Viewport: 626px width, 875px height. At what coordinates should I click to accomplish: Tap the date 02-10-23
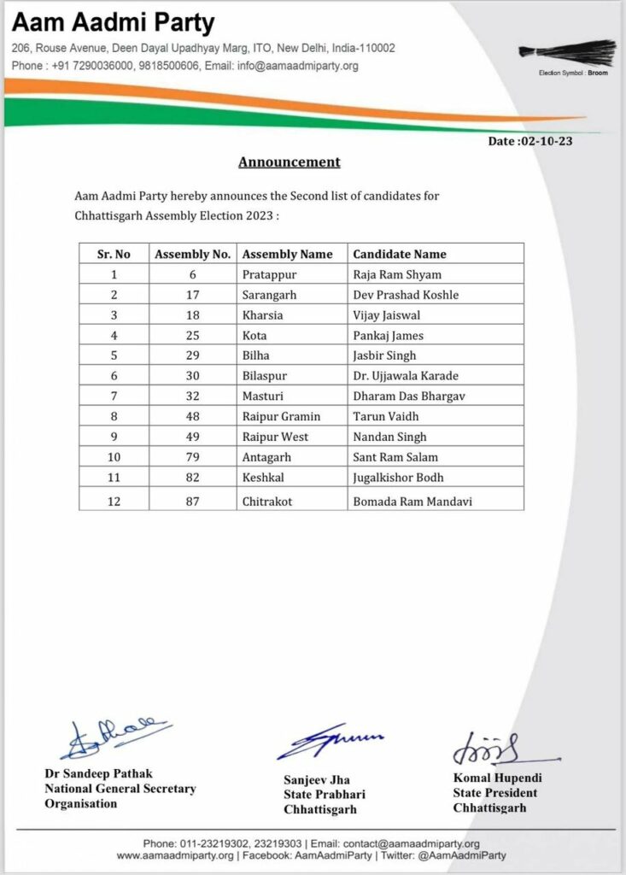pyautogui.click(x=529, y=141)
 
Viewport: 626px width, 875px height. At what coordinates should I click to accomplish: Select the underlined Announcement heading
pyautogui.click(x=289, y=161)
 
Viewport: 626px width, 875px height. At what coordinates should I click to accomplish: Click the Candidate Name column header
pyautogui.click(x=400, y=254)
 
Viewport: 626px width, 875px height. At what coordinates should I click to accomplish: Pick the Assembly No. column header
pyautogui.click(x=192, y=254)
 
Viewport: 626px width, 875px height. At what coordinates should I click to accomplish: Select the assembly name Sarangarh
pyautogui.click(x=270, y=295)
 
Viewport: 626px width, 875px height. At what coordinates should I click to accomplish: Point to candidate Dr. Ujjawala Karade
pyautogui.click(x=405, y=376)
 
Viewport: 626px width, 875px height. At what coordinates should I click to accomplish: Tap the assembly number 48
pyautogui.click(x=192, y=416)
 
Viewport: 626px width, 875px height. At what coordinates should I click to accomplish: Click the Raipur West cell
pyautogui.click(x=275, y=437)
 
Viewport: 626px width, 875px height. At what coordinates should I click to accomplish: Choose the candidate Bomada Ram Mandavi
pyautogui.click(x=412, y=501)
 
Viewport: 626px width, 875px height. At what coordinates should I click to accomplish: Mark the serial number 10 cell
pyautogui.click(x=114, y=457)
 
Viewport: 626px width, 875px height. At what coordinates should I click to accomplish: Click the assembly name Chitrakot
pyautogui.click(x=267, y=501)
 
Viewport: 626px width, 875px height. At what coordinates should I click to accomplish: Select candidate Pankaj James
pyautogui.click(x=389, y=336)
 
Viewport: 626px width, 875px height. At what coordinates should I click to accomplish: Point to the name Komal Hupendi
pyautogui.click(x=497, y=778)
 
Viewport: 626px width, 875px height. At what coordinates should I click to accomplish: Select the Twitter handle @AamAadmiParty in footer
pyautogui.click(x=457, y=854)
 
